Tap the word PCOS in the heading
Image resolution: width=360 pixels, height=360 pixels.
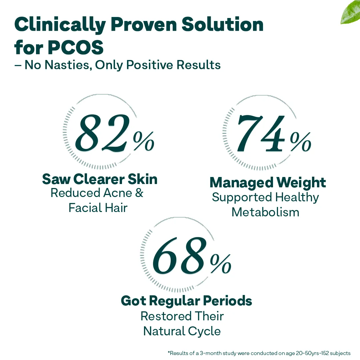(76, 47)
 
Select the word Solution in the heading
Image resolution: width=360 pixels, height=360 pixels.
(222, 24)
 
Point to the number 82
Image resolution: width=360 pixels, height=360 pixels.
(101, 133)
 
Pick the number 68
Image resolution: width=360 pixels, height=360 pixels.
(178, 256)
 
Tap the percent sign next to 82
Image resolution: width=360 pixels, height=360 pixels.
(144, 141)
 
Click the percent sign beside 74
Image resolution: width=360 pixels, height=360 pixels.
(301, 142)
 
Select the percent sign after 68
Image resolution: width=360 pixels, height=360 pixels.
(221, 264)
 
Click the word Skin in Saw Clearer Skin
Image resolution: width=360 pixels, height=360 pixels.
(143, 179)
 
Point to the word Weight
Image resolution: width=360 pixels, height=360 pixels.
(301, 183)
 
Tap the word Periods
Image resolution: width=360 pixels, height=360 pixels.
(228, 301)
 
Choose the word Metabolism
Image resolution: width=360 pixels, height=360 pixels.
(265, 212)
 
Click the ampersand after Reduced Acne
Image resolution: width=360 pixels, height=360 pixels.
(139, 193)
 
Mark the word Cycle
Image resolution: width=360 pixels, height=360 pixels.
(204, 331)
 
